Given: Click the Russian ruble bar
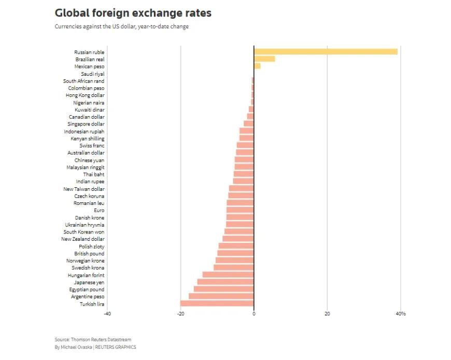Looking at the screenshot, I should [x=326, y=51].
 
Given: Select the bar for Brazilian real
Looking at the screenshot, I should [x=264, y=59].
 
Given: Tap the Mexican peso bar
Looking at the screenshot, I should [x=257, y=66].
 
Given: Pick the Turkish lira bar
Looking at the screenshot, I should [x=217, y=303].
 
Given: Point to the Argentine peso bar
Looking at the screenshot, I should [x=221, y=296].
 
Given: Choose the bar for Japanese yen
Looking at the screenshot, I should [x=225, y=282].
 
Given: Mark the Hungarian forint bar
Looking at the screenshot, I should [x=228, y=275].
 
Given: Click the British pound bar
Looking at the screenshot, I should [x=236, y=254].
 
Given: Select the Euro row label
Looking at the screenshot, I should [x=99, y=211].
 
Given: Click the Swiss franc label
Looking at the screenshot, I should [x=92, y=146].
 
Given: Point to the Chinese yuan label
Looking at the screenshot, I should [x=89, y=160].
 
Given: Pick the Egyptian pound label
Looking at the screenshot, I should [x=87, y=289].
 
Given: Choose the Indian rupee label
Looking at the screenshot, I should [x=90, y=182].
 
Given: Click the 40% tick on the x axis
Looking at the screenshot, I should [x=401, y=313].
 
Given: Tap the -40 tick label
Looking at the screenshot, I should [x=107, y=313].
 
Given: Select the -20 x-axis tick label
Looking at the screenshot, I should [x=180, y=313].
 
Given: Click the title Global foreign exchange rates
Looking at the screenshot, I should [x=133, y=12].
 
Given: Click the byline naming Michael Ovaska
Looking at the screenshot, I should [x=95, y=347].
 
